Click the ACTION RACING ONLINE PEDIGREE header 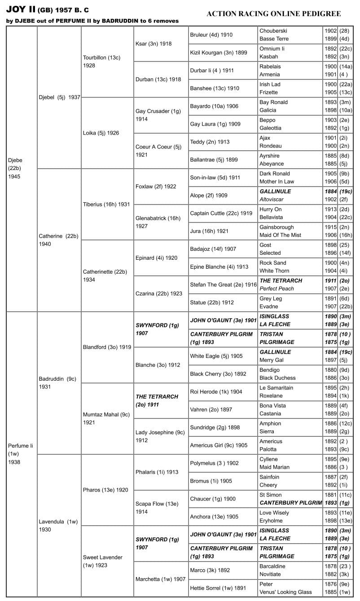point(273,14)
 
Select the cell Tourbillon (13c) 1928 point(101,61)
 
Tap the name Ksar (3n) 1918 point(154,44)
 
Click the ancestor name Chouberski point(273,31)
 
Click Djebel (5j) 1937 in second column point(59,97)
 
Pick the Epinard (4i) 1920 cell point(156,258)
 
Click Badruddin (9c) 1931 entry point(57,383)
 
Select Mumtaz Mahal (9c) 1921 point(106,418)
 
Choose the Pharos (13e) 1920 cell point(105,490)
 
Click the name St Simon point(271,495)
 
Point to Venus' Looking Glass point(285,592)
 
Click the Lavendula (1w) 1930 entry point(58,526)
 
